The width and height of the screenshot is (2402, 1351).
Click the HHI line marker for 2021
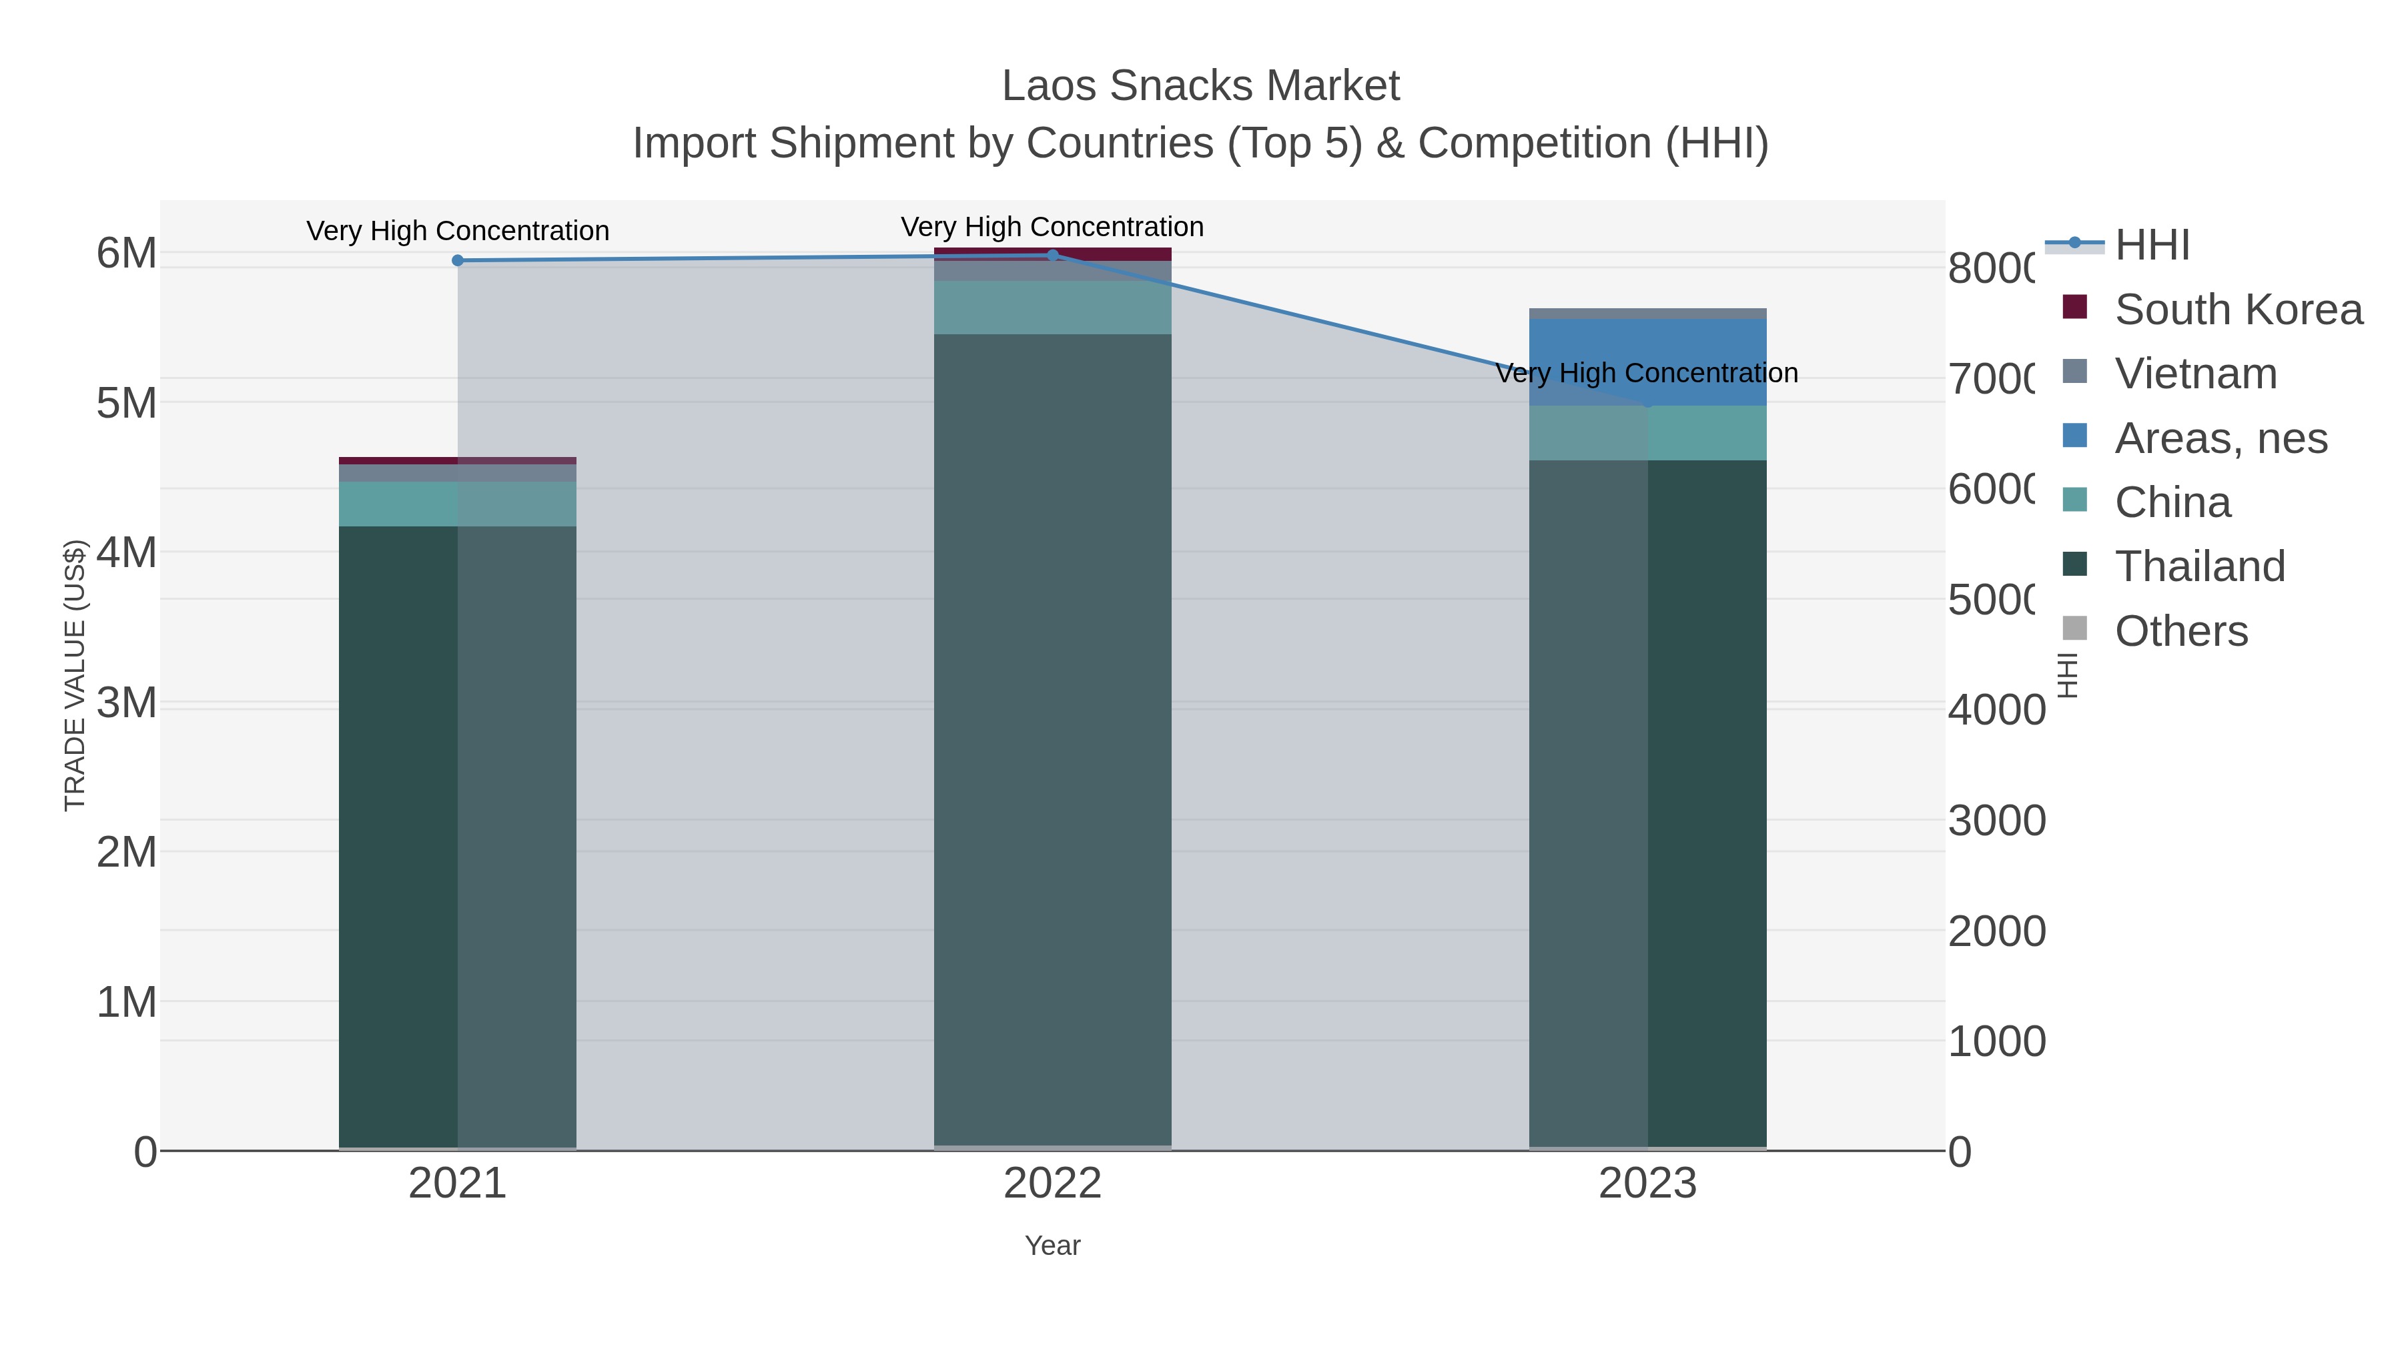pyautogui.click(x=457, y=260)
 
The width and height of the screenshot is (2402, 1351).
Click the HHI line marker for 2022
pyautogui.click(x=1053, y=255)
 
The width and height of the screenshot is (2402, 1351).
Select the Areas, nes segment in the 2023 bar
pyautogui.click(x=1647, y=362)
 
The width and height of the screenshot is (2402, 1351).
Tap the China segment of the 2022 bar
pyautogui.click(x=1053, y=308)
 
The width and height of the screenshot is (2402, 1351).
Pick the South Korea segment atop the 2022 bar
pyautogui.click(x=1053, y=254)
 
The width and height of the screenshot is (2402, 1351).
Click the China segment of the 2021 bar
pyautogui.click(x=457, y=504)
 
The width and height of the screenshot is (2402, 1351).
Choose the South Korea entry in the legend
pyautogui.click(x=2238, y=310)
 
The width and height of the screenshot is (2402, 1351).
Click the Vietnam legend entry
pyautogui.click(x=2195, y=374)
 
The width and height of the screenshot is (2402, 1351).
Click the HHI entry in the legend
pyautogui.click(x=2151, y=246)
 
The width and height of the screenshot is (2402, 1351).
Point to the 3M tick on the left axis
pyautogui.click(x=127, y=703)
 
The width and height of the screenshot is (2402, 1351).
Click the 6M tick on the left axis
pyautogui.click(x=127, y=253)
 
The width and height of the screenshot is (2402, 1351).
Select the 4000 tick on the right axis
pyautogui.click(x=1996, y=711)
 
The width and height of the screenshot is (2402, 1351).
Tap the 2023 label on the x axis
pyautogui.click(x=1647, y=1184)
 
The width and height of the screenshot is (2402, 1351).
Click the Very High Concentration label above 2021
pyautogui.click(x=457, y=230)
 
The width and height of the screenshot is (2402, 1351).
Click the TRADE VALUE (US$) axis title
pyautogui.click(x=75, y=675)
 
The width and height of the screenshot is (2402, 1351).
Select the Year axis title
pyautogui.click(x=1053, y=1246)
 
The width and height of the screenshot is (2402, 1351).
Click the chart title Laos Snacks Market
pyautogui.click(x=1200, y=86)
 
